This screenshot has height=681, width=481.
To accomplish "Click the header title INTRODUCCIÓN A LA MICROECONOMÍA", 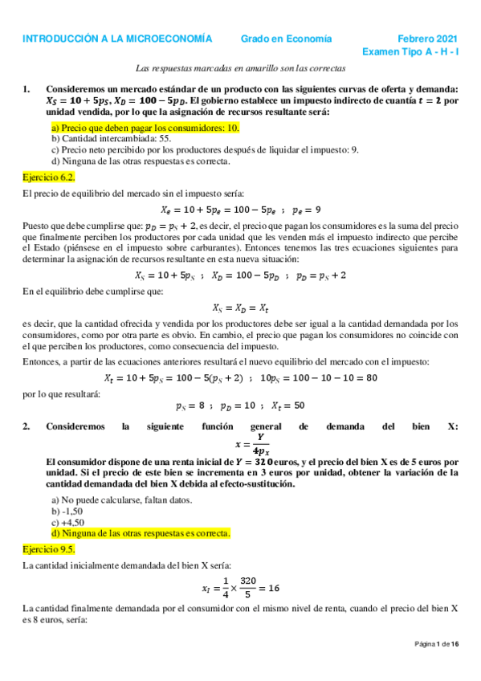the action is (117, 39).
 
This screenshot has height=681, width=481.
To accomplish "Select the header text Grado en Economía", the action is (287, 39).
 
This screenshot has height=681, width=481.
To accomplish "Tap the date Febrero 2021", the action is (428, 39).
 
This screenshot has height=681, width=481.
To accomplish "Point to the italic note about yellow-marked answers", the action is (240, 71).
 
